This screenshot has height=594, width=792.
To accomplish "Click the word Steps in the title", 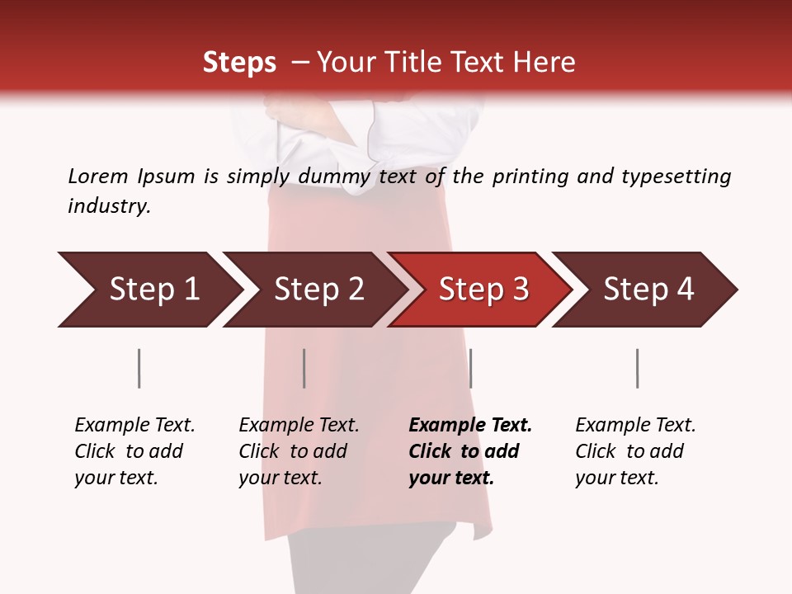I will [239, 63].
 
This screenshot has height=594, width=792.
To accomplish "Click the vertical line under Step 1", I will [139, 368].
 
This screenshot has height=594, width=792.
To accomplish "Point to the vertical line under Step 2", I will [304, 368].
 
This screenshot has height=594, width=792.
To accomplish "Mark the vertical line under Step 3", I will [470, 368].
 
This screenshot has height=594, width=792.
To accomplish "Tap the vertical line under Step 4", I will [637, 368].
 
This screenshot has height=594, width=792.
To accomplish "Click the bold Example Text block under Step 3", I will [470, 451].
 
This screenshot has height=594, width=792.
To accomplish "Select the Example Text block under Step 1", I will [134, 451].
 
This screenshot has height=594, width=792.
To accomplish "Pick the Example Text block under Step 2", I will [299, 451].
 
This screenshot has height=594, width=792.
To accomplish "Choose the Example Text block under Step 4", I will [635, 451].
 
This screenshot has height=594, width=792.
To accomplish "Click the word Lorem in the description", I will [98, 176].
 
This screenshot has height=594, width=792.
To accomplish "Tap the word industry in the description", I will [109, 206].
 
